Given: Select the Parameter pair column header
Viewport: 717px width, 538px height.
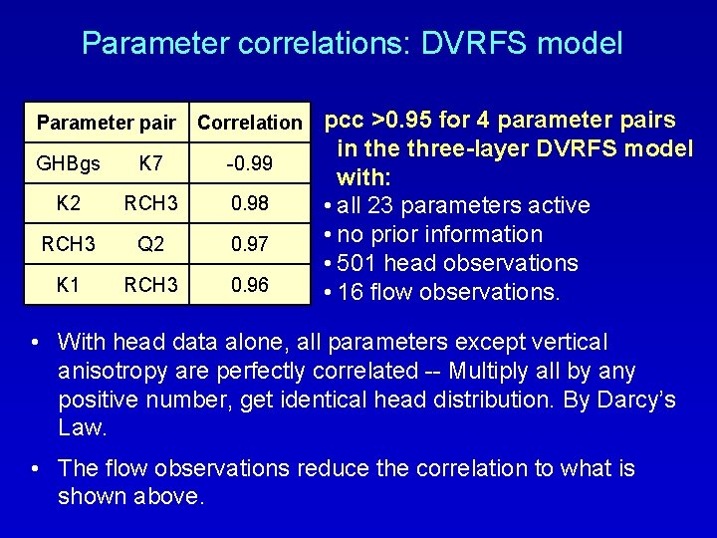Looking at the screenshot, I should (105, 123).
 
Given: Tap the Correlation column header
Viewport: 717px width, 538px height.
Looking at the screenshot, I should (249, 124).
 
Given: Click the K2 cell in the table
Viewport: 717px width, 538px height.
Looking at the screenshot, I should (69, 203).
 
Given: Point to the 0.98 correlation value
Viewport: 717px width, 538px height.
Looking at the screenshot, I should (249, 203).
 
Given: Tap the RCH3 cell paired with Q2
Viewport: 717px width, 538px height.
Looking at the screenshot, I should (69, 244).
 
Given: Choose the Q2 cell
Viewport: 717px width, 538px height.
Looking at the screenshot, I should (152, 244).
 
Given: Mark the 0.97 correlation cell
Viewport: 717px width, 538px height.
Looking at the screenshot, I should (249, 244).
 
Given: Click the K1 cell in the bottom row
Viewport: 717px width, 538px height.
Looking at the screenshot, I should (69, 285).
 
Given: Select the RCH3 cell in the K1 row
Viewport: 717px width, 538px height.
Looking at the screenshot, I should (152, 285).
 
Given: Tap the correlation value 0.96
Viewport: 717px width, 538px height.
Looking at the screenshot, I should (249, 285).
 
